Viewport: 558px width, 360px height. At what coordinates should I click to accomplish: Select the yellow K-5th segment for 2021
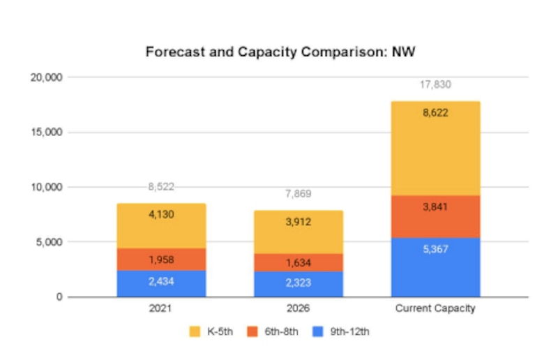tap(161, 226)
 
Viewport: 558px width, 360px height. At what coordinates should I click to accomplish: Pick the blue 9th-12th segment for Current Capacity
tap(435, 268)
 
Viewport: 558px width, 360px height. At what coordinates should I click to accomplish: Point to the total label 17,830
tap(435, 84)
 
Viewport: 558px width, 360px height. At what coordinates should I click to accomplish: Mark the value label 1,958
tap(161, 260)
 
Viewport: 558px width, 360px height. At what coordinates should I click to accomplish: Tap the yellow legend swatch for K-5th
tap(195, 332)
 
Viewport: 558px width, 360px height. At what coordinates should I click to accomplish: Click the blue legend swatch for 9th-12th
tap(317, 332)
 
